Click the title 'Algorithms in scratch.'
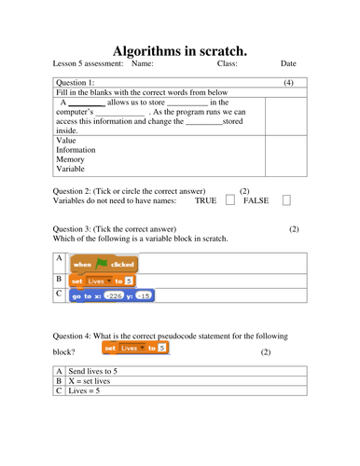coord(180,51)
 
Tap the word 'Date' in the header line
coord(288,64)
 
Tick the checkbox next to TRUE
coord(230,200)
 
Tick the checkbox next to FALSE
coord(286,200)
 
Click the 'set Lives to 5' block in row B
coord(103,280)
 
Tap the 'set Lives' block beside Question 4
coord(137,348)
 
